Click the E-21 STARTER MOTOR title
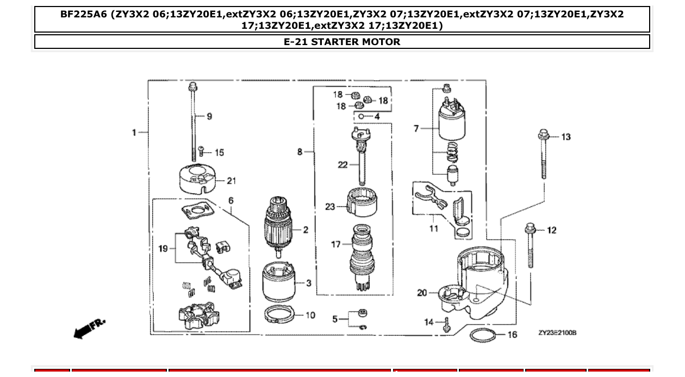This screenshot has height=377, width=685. (342, 42)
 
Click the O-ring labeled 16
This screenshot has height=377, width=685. (482, 335)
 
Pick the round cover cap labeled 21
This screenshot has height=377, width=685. (198, 179)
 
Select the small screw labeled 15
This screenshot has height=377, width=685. (201, 152)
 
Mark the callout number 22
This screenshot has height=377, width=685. (342, 165)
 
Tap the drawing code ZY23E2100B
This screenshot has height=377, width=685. (557, 332)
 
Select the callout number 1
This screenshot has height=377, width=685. (134, 132)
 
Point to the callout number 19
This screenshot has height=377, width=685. (163, 249)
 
